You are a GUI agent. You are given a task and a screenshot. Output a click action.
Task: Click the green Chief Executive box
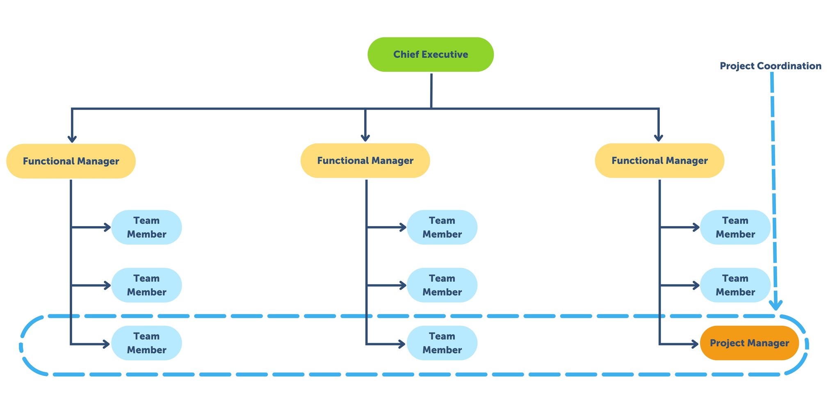pos(430,55)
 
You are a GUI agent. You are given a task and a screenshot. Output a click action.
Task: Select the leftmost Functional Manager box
pos(71,161)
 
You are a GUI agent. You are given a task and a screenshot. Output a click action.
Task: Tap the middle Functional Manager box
pos(365,160)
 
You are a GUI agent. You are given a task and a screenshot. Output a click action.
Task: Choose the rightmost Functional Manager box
pos(659,160)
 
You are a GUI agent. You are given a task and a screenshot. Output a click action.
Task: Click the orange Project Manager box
pos(749,343)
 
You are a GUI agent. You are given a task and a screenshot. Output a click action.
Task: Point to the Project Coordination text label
pos(770,66)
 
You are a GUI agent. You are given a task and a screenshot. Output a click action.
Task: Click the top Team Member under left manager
pos(146,227)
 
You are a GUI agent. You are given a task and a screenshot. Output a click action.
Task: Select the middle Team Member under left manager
pos(146,285)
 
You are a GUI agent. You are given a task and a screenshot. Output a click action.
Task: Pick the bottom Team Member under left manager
pos(146,343)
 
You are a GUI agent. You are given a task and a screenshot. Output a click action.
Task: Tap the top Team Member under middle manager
pos(442,227)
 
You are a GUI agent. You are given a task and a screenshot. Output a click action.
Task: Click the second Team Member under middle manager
pos(442,285)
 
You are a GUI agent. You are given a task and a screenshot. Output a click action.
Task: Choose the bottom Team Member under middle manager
pos(442,343)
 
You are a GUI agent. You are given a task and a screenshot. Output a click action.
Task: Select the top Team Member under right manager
pos(735,227)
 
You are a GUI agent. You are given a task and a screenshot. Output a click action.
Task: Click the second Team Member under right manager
pos(735,285)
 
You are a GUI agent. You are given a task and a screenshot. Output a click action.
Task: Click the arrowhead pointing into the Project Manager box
pos(696,344)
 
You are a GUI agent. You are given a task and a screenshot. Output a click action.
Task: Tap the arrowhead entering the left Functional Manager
pos(72,139)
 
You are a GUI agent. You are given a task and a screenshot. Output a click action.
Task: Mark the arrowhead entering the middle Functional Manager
pos(365,138)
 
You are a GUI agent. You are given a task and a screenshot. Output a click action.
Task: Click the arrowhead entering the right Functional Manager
pos(658,138)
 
